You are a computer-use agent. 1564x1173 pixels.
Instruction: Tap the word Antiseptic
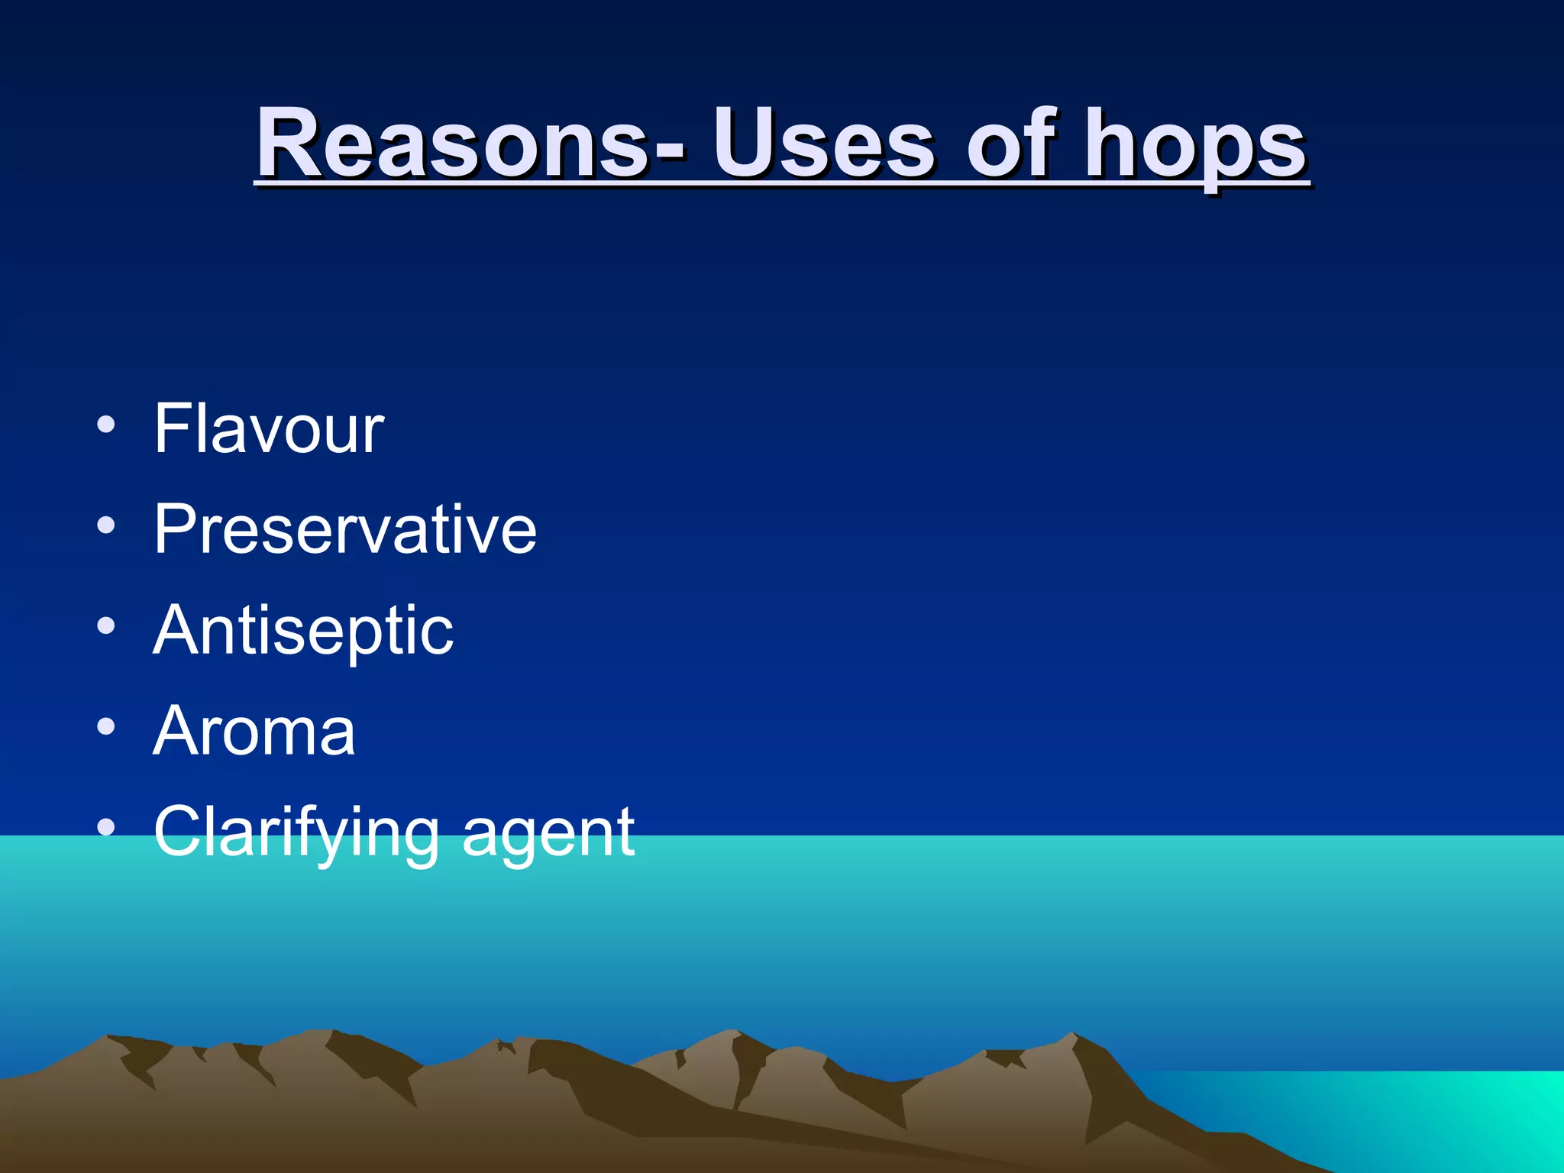303,631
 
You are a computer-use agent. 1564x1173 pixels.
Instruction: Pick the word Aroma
254,731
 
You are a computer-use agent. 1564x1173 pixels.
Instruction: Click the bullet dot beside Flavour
106,425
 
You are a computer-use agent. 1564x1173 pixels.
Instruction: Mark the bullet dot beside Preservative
106,525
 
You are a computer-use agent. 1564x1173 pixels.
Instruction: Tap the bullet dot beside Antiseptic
106,626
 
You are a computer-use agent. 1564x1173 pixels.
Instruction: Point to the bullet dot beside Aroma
106,727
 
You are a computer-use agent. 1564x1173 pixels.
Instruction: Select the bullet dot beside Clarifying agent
106,828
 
